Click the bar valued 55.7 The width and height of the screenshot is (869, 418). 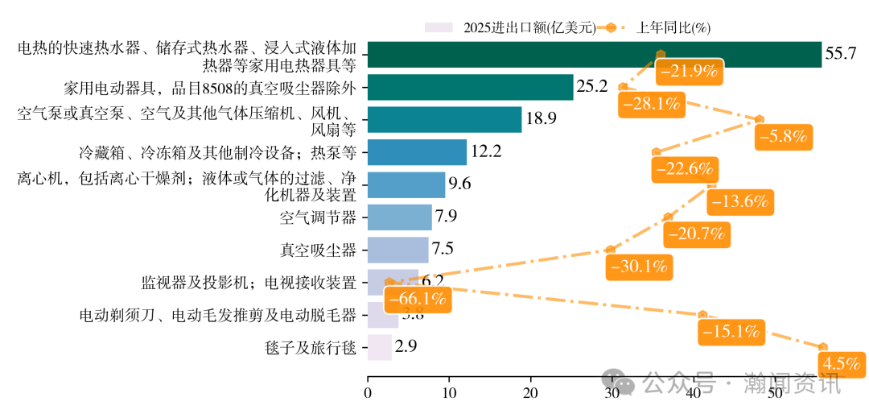pyautogui.click(x=594, y=54)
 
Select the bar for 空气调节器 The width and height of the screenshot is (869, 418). pyautogui.click(x=399, y=217)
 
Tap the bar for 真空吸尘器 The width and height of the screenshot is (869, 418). pyautogui.click(x=397, y=250)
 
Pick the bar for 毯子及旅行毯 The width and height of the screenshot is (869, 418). pyautogui.click(x=380, y=347)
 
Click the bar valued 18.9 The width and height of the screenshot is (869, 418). pyautogui.click(x=444, y=119)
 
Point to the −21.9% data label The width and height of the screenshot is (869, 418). pyautogui.click(x=688, y=71)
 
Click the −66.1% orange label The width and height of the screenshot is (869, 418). pyautogui.click(x=418, y=300)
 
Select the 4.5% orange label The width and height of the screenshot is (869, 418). pyautogui.click(x=842, y=363)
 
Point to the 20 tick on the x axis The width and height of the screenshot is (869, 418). pyautogui.click(x=530, y=393)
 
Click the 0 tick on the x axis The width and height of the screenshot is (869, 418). pyautogui.click(x=368, y=393)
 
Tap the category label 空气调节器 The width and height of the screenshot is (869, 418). pyautogui.click(x=318, y=217)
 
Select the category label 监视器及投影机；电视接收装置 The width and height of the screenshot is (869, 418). pyautogui.click(x=249, y=283)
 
